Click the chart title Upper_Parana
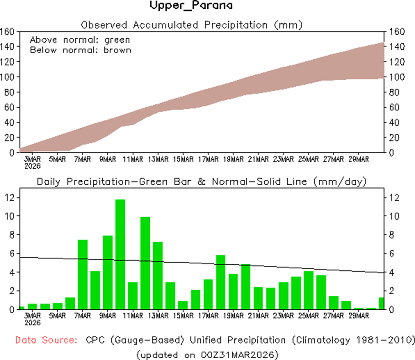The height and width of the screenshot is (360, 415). coord(191,6)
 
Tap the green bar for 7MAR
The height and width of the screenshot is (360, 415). coord(83,274)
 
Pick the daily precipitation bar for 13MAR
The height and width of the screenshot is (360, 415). coord(158,275)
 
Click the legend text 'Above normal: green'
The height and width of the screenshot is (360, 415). coord(80,40)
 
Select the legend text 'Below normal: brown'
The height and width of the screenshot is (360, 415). coord(81,50)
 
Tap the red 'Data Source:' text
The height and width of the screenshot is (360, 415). coord(45,340)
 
